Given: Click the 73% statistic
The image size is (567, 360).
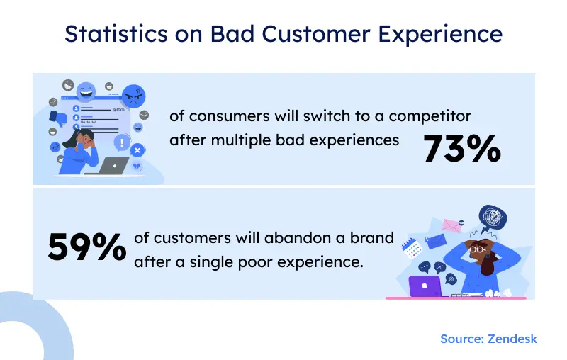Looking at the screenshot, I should pos(462,149).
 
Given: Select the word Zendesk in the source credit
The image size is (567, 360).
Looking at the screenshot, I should pos(512,339).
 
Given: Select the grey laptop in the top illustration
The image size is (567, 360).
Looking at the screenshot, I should pos(113,166).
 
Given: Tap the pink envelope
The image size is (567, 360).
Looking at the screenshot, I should pos(451,226).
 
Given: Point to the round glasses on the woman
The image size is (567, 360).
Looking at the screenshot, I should pos(479,249).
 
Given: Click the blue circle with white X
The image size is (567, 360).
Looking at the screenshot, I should pos(137,150).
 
